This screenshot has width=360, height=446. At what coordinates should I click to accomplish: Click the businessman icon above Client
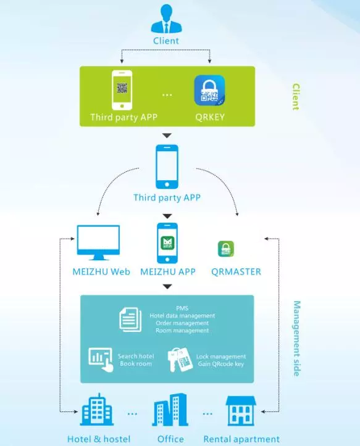coord(166,19)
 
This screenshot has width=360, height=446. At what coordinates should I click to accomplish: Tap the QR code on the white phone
coord(122,88)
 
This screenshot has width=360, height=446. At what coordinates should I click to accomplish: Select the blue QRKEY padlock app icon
coord(209,91)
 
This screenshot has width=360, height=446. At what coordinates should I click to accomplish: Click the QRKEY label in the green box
coord(210,117)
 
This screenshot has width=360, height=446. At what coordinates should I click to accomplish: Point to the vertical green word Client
coord(296,97)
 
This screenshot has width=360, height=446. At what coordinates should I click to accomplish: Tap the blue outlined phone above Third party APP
coord(167,167)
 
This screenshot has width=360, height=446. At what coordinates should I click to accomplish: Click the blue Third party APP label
coord(167,197)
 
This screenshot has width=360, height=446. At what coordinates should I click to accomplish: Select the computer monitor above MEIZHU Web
coord(98,242)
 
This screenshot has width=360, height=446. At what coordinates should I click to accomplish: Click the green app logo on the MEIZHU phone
coord(167,243)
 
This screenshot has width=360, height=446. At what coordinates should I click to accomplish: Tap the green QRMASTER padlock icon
coord(226,249)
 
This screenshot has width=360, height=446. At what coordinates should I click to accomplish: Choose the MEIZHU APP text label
coord(168,271)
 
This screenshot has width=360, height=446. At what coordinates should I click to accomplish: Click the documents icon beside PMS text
coord(130,320)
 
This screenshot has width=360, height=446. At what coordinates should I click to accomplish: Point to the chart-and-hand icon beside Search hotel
coord(101,360)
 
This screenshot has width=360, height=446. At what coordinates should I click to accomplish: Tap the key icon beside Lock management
coord(180,360)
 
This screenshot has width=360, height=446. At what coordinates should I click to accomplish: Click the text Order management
coord(182,323)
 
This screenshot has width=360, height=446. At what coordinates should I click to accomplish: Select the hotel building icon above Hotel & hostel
coord(97,410)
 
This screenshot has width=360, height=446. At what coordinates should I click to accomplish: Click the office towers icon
coord(170,410)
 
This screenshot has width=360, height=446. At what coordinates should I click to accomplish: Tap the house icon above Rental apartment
coord(241,411)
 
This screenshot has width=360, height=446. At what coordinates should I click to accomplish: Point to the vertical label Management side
coord(296,339)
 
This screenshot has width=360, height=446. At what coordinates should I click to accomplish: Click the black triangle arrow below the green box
coord(167,135)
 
